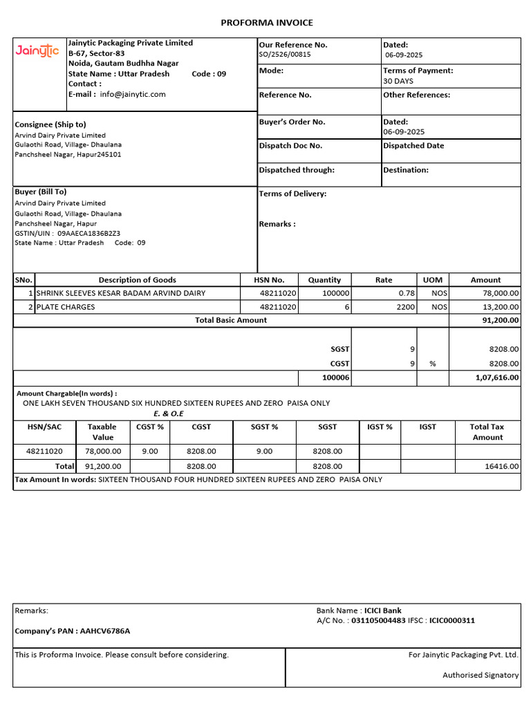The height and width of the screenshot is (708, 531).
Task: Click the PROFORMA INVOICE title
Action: coord(266,23)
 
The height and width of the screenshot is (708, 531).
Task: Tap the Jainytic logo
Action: coord(37,50)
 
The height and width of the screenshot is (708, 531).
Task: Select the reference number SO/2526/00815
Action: coord(285,55)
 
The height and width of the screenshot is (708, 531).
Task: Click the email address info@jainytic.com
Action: coord(133,94)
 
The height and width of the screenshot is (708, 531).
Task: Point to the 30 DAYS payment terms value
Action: coord(398,81)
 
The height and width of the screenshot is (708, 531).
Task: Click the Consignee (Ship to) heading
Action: coord(50,124)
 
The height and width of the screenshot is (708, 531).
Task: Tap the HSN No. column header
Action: coord(268,280)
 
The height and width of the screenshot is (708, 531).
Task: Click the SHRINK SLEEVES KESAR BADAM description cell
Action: coord(121,293)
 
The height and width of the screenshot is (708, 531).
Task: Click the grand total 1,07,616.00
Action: coord(497,378)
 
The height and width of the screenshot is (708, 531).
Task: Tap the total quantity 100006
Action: coord(336,378)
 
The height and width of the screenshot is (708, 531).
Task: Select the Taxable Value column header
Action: coord(102,432)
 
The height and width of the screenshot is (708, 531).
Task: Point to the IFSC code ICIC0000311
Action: coord(451,621)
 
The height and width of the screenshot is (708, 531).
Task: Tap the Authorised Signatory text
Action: coord(481,676)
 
